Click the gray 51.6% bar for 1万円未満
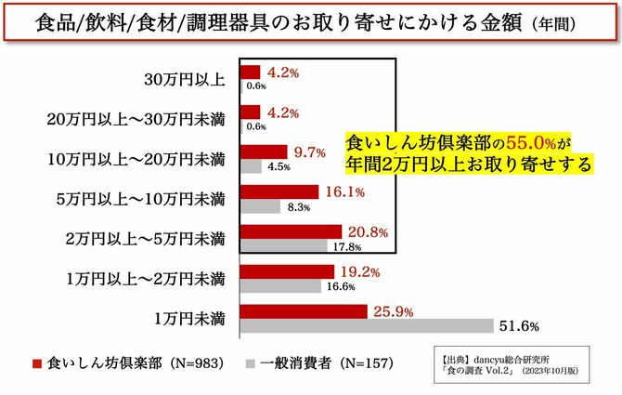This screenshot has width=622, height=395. tap(367, 326)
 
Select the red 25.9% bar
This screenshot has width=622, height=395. tap(304, 311)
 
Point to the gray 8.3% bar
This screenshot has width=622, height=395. tap(260, 206)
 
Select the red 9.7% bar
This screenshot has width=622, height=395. tap(264, 151)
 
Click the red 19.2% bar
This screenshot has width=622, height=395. tap(287, 271)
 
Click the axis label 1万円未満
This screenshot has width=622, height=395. tap(189, 319)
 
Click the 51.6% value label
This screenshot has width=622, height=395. tap(515, 326)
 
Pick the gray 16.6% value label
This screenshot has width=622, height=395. tap(342, 286)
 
